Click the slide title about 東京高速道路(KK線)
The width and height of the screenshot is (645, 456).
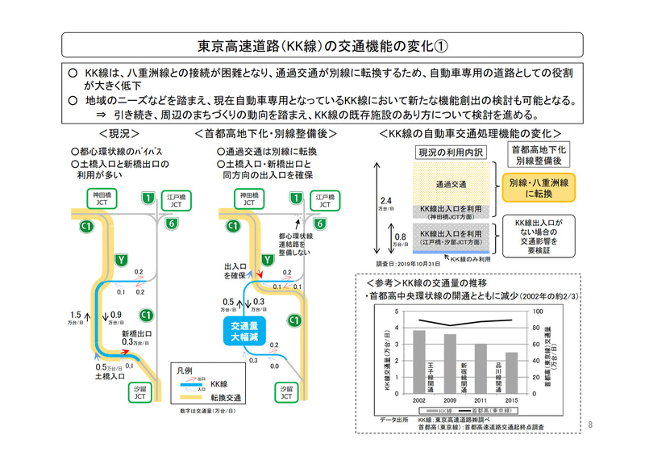click(322, 42)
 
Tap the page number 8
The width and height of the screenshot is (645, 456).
click(591, 425)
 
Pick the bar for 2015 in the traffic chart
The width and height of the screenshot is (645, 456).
click(511, 370)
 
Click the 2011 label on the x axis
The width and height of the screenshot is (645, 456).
click(481, 400)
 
